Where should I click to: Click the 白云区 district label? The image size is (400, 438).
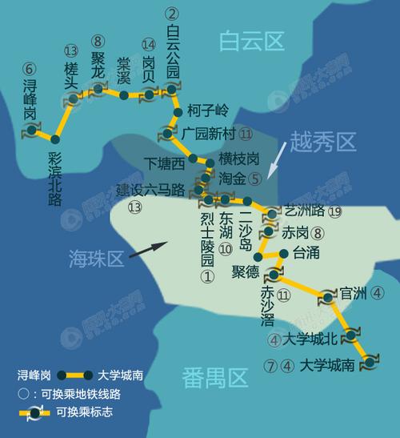click(x=252, y=39)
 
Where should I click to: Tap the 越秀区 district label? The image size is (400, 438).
click(x=322, y=143)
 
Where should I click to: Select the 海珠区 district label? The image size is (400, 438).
click(x=94, y=258)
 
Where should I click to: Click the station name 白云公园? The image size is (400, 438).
click(x=173, y=50)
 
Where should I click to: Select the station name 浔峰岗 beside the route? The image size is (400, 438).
click(x=30, y=98)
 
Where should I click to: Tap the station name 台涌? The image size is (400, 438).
click(x=306, y=253)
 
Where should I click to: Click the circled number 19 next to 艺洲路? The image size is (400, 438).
click(x=334, y=211)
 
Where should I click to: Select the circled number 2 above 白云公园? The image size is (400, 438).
click(x=171, y=13)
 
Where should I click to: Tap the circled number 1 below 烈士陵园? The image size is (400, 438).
click(x=207, y=276)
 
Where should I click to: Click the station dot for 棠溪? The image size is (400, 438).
click(x=124, y=95)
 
